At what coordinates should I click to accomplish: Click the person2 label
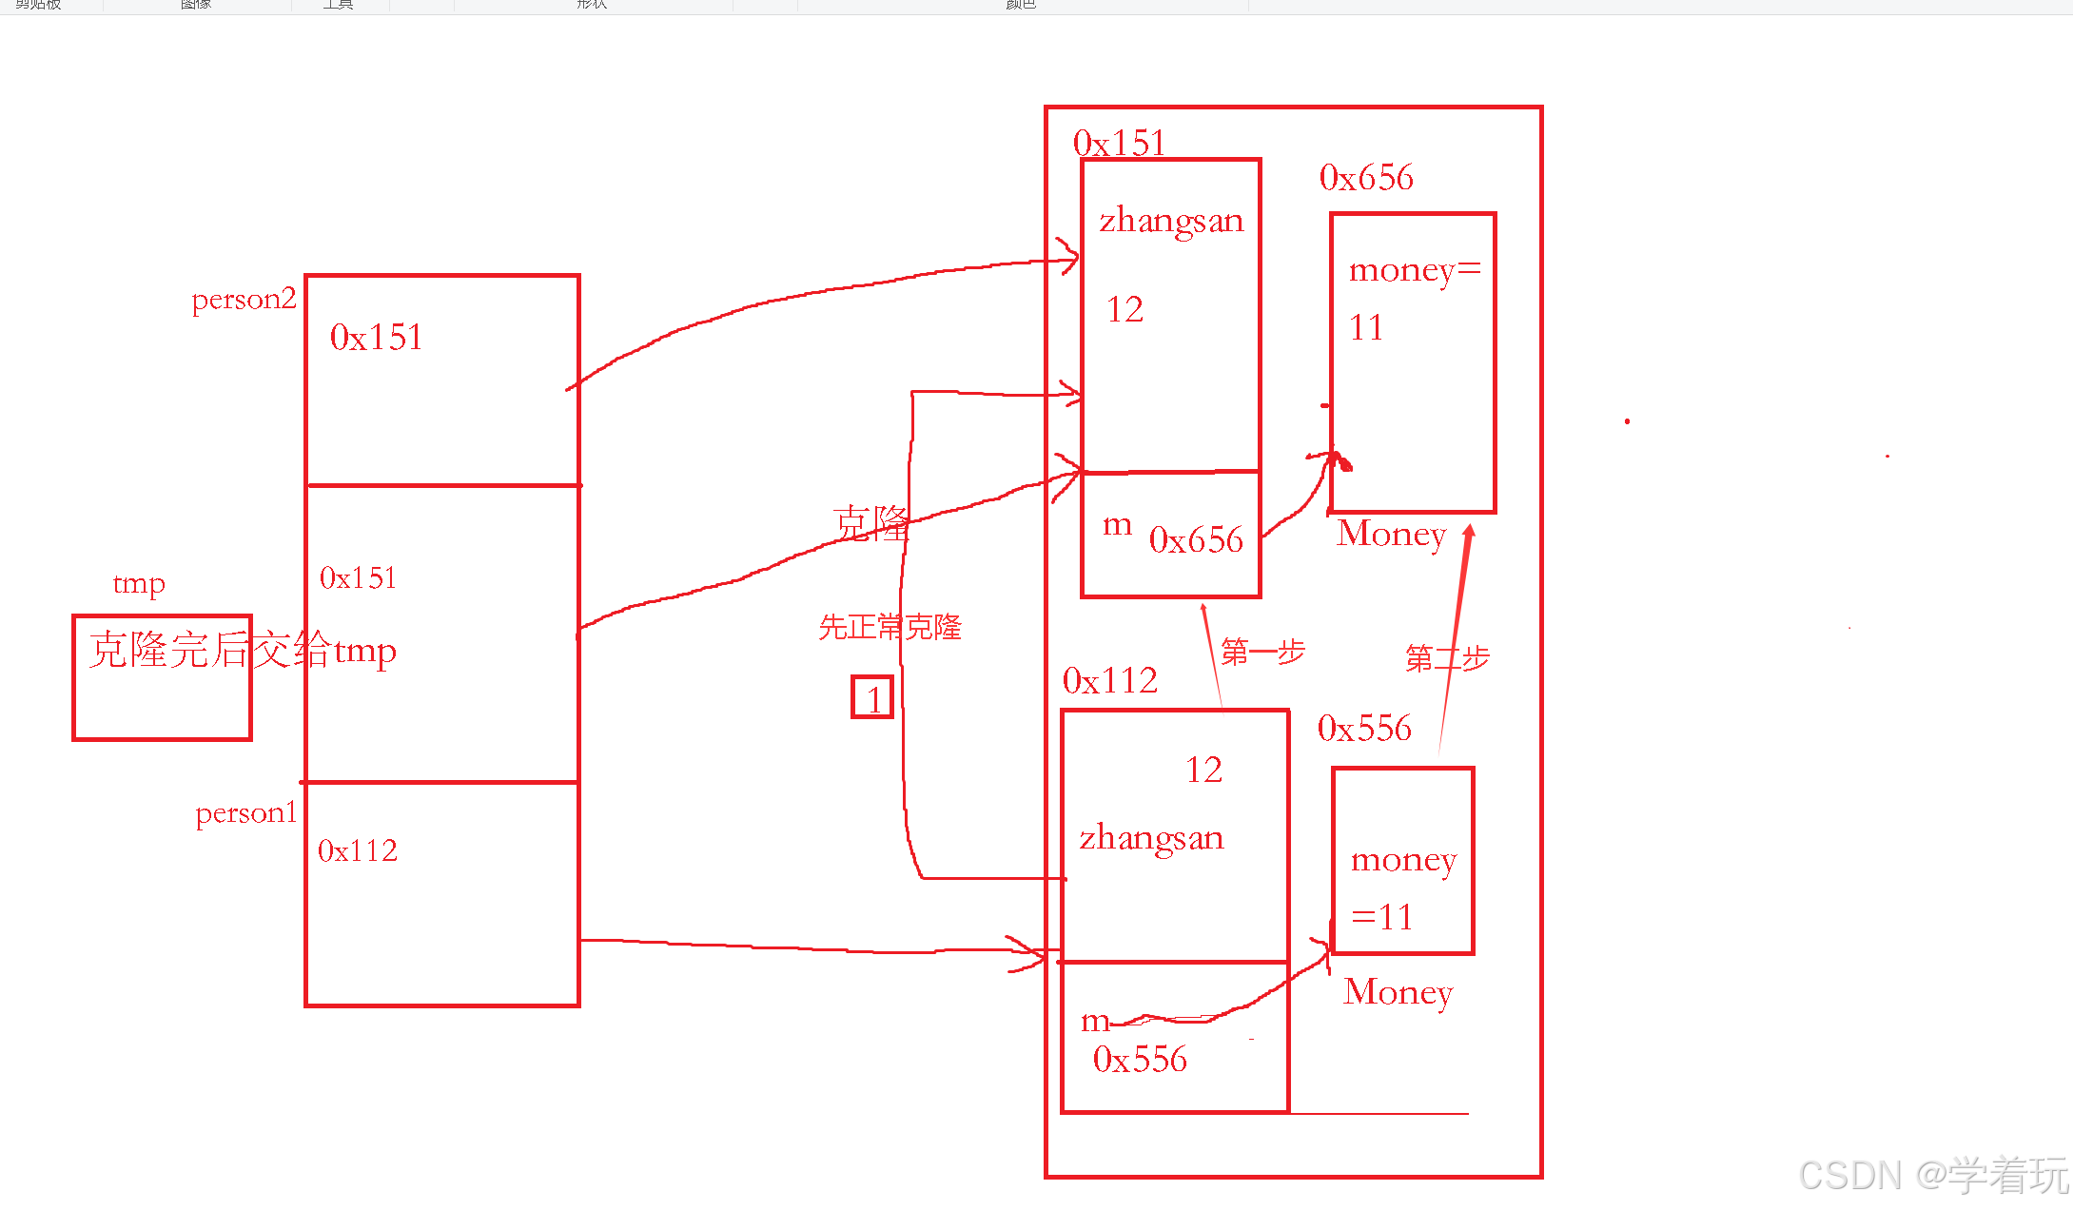244,300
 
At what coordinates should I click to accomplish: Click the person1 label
246,813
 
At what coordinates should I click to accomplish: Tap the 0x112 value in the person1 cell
358,850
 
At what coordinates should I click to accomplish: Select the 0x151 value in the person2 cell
377,338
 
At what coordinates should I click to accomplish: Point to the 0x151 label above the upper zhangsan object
1119,144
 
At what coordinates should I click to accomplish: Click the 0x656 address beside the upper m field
1196,540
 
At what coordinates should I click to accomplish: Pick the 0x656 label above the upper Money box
1366,178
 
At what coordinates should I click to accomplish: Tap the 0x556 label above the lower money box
1364,729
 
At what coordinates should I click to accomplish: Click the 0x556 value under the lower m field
1140,1060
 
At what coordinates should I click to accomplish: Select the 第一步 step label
1262,653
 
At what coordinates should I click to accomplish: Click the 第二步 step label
1447,658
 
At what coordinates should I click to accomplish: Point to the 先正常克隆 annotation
890,628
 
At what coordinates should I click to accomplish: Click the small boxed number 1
872,698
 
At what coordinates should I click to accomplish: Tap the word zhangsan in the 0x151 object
1171,221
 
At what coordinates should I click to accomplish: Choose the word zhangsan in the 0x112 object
1151,838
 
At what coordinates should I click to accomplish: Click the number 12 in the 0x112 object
1203,770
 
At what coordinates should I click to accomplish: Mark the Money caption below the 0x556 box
1398,992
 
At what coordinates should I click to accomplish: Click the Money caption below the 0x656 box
1391,534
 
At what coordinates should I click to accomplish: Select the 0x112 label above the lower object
1109,681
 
